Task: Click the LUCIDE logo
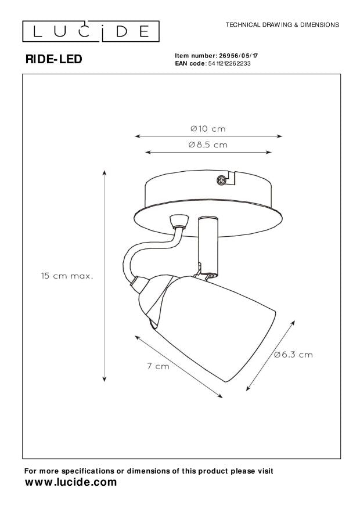[91, 31]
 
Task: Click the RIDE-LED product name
[54, 59]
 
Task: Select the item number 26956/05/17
[239, 56]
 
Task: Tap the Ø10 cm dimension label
[208, 128]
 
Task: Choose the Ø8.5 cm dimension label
[208, 145]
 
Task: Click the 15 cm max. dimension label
[67, 276]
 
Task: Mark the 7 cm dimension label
[159, 366]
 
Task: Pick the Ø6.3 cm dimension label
[293, 355]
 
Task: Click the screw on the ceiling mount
[221, 179]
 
